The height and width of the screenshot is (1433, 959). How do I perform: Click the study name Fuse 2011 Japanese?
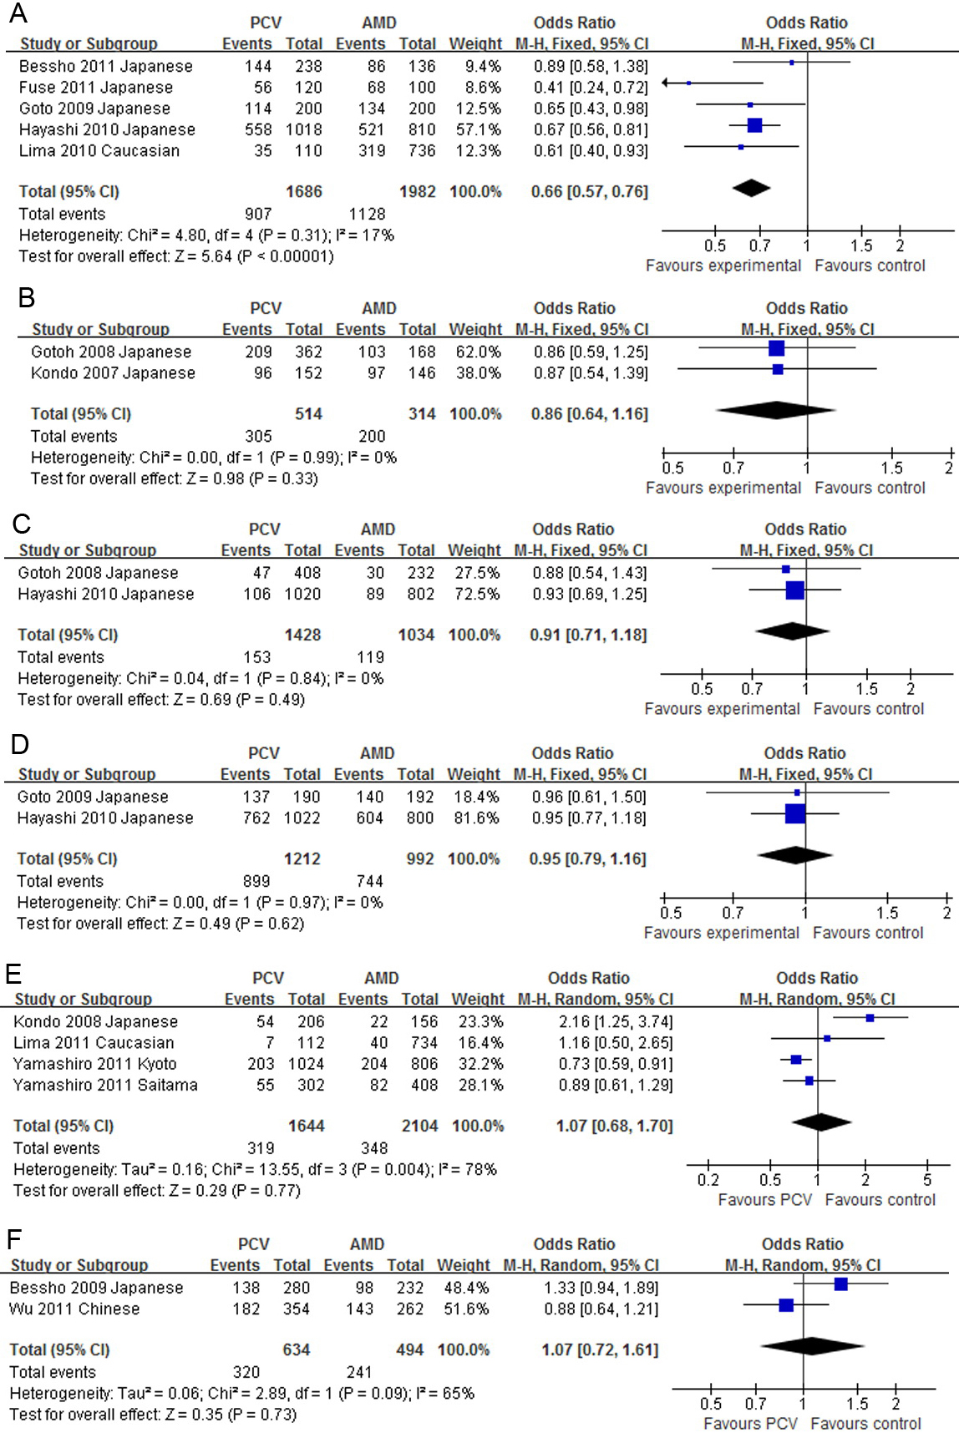pyautogui.click(x=96, y=88)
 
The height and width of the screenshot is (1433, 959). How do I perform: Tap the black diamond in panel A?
pyautogui.click(x=751, y=189)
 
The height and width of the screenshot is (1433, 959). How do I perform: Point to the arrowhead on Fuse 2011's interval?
pyautogui.click(x=666, y=83)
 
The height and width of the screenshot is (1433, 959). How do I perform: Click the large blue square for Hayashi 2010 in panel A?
pyautogui.click(x=754, y=125)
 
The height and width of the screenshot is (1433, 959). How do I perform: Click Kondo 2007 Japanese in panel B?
pyautogui.click(x=113, y=373)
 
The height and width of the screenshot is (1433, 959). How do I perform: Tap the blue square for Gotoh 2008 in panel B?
pyautogui.click(x=776, y=348)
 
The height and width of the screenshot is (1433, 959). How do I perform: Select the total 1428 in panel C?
pyautogui.click(x=302, y=635)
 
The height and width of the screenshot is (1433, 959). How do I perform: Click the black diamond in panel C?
pyautogui.click(x=792, y=630)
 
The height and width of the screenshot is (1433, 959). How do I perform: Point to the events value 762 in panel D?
pyautogui.click(x=256, y=818)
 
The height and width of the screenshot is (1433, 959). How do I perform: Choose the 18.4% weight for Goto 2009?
pyautogui.click(x=475, y=798)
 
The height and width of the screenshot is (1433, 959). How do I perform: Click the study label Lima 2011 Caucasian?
pyautogui.click(x=94, y=1043)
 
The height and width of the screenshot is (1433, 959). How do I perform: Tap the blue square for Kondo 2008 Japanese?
pyautogui.click(x=870, y=1018)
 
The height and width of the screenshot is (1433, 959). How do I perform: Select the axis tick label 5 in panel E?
pyautogui.click(x=927, y=1180)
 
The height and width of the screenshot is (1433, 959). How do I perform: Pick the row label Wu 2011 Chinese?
pyautogui.click(x=74, y=1309)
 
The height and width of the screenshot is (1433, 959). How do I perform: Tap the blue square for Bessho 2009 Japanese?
pyautogui.click(x=840, y=1284)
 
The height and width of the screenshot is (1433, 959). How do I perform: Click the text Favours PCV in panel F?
pyautogui.click(x=750, y=1424)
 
